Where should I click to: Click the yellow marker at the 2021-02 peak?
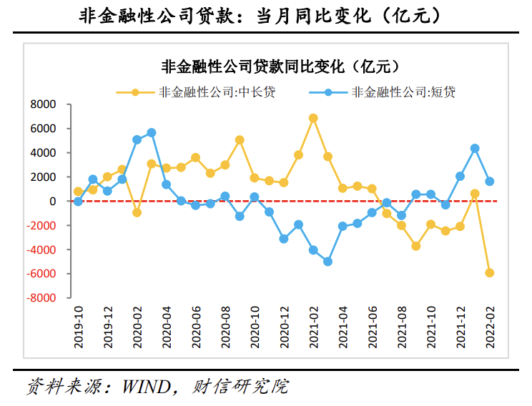(313, 118)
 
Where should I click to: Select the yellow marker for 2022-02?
(490, 273)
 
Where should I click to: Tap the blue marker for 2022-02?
(490, 182)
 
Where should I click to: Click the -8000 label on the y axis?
(41, 297)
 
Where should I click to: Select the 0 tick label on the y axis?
(52, 201)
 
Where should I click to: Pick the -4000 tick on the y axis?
(41, 249)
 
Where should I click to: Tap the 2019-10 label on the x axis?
(78, 328)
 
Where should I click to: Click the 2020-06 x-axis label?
(196, 328)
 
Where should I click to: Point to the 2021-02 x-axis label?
(313, 328)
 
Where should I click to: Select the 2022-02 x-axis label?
(490, 328)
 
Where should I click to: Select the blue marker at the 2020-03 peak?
(152, 133)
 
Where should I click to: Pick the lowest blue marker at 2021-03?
(328, 262)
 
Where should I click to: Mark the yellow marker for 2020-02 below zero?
(137, 212)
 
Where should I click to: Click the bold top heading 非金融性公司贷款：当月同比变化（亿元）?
(266, 15)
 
